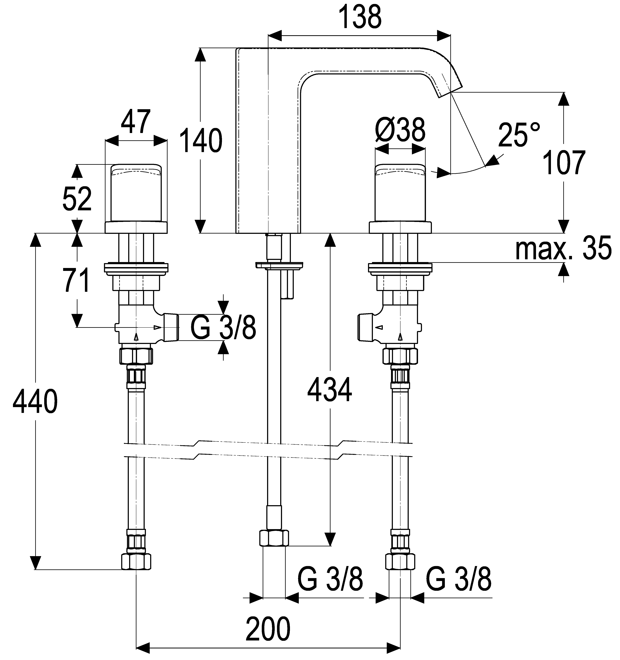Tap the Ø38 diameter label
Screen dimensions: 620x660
[x=400, y=129]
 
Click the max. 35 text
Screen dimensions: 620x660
[x=563, y=248]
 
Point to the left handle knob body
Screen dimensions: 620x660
[x=136, y=192]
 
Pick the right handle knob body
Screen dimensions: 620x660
[x=400, y=192]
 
